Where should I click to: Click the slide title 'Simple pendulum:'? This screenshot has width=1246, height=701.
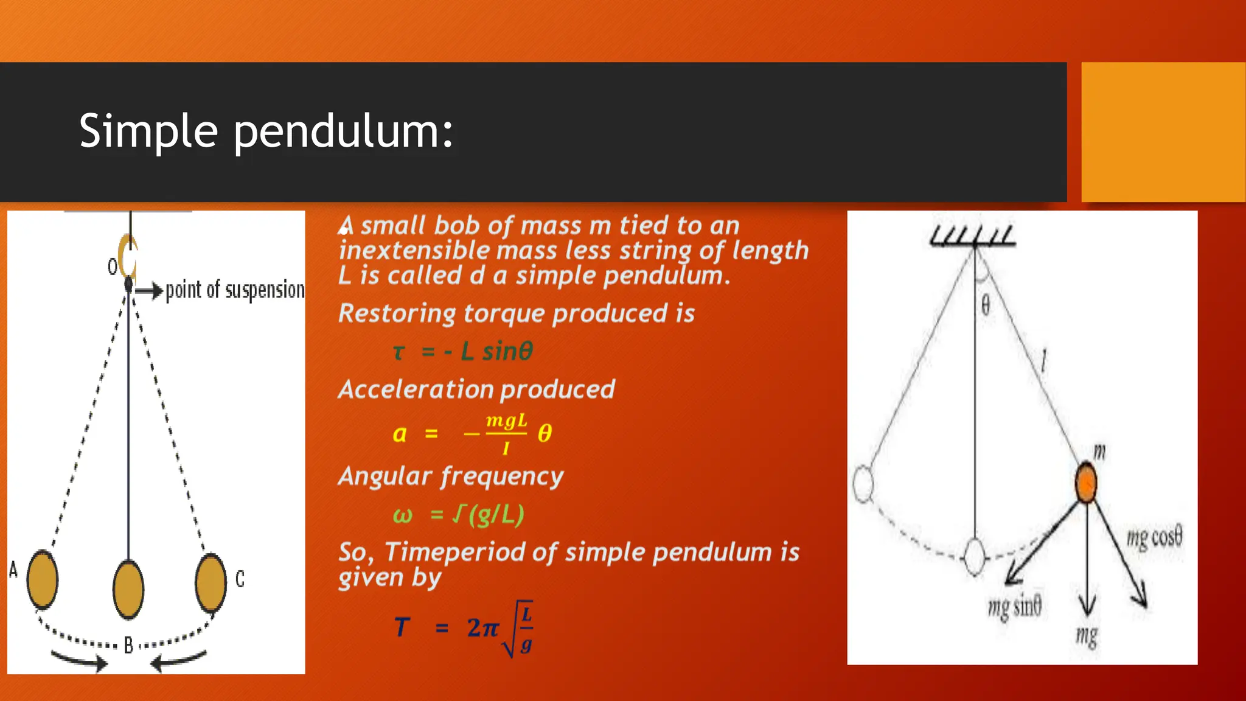tap(266, 131)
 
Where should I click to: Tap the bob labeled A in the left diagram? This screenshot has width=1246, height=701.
tap(43, 579)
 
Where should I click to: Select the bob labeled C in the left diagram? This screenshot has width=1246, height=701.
tap(211, 582)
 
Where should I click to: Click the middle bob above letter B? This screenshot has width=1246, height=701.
tap(128, 590)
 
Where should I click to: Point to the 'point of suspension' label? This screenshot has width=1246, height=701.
tap(235, 290)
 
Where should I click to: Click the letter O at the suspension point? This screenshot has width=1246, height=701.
tap(113, 267)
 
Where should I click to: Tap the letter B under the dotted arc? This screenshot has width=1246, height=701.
tap(128, 645)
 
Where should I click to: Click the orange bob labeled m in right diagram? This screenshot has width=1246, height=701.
tap(1086, 483)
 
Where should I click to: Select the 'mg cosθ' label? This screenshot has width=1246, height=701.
tap(1154, 537)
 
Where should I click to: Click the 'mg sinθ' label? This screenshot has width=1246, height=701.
tap(1014, 607)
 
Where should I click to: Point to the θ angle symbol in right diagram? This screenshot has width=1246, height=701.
tap(986, 305)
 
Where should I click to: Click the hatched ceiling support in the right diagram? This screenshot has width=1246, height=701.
tap(973, 236)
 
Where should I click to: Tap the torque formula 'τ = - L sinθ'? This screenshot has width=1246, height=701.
tap(463, 352)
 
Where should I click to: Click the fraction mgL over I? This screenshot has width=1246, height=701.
tap(506, 434)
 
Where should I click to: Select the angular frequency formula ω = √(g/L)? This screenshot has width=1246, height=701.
tap(458, 515)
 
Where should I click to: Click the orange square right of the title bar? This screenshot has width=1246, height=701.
tap(1163, 132)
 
